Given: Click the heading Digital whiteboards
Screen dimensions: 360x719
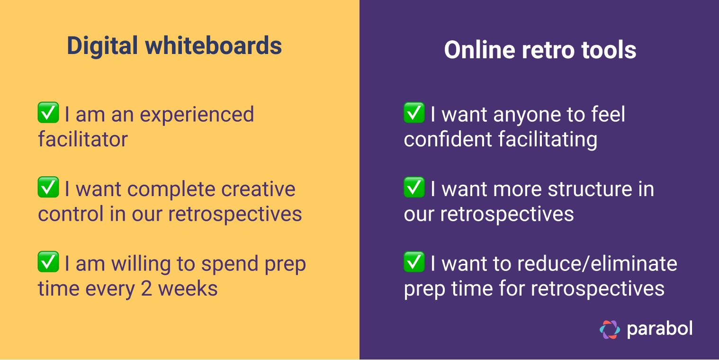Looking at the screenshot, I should [x=174, y=46].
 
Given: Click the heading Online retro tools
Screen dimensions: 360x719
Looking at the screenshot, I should [x=539, y=50].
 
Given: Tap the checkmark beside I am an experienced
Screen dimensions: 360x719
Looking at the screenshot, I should [x=48, y=113].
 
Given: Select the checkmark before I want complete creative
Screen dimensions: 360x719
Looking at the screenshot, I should [x=48, y=187].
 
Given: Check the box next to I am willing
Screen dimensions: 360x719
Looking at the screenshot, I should [x=48, y=262].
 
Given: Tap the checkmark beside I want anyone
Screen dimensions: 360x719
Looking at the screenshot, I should [x=414, y=113].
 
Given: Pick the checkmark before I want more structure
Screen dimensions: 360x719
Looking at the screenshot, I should [x=414, y=187].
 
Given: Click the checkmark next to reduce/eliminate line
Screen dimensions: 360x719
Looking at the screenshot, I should [x=414, y=262].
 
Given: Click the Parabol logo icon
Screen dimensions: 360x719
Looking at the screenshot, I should [x=610, y=329].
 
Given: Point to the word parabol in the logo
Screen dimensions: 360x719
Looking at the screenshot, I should [x=660, y=329].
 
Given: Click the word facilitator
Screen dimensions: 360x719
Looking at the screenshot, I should [x=83, y=139].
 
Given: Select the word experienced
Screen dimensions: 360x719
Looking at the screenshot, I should [x=196, y=115].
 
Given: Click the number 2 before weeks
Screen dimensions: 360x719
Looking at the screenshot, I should [x=146, y=288].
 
